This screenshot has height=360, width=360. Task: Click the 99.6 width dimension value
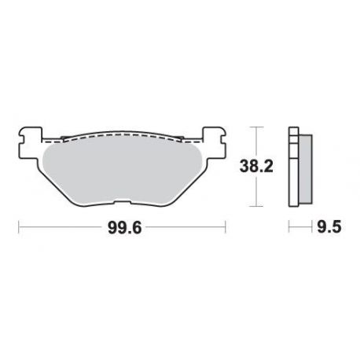coord(124,227)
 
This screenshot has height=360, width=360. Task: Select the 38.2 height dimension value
coord(256,167)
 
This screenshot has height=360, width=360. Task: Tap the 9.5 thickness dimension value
coord(329,227)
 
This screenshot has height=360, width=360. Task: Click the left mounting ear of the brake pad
coord(30,143)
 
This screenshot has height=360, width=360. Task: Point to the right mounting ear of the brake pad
coord(215,143)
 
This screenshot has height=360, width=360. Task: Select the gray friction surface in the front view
coord(122,174)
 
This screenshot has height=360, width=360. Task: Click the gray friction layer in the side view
coord(306,169)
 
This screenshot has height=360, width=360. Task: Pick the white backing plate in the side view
coord(293,167)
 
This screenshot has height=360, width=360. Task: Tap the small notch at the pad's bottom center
coord(123,203)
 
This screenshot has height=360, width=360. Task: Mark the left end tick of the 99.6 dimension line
coord(19,227)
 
